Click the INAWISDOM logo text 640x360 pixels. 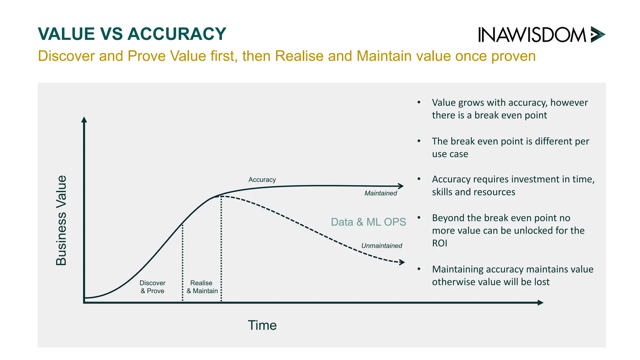[x=532, y=35]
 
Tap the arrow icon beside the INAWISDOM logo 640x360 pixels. [x=597, y=34]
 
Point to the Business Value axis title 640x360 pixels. [x=61, y=220]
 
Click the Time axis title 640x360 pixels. [x=262, y=325]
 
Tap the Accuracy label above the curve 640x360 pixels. [x=262, y=180]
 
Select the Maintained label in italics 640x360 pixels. [x=380, y=193]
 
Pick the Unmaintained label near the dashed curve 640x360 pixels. [x=382, y=246]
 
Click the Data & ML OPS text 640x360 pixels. [x=368, y=222]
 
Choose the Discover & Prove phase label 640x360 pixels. [x=152, y=287]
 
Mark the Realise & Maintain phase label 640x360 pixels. [x=202, y=287]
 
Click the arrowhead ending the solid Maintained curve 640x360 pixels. [x=401, y=186]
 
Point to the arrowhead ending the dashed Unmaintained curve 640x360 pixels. [x=402, y=262]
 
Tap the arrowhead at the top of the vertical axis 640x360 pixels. [x=84, y=120]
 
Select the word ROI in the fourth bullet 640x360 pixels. [x=439, y=243]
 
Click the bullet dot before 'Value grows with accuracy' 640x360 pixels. [x=419, y=102]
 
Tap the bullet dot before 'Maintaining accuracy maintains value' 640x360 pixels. [x=419, y=269]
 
